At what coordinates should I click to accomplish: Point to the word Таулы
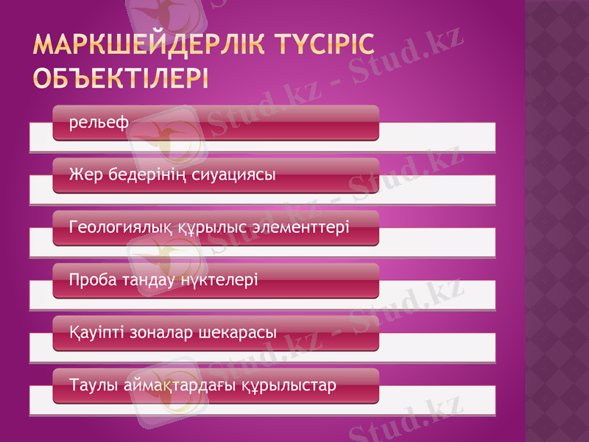point(91,385)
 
